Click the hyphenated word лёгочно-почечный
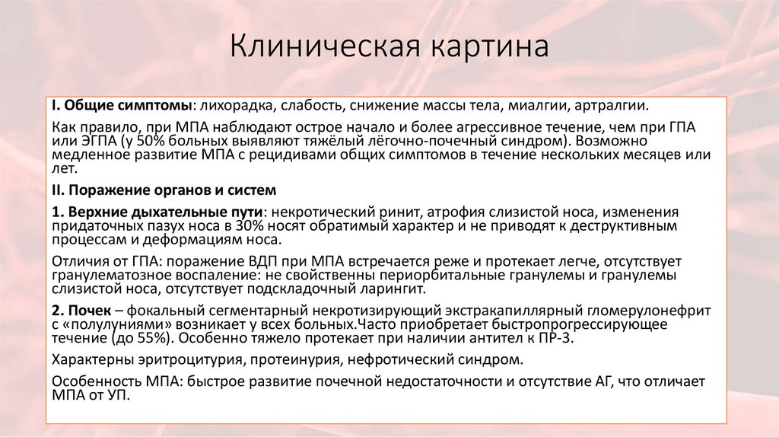pos(408,141)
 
